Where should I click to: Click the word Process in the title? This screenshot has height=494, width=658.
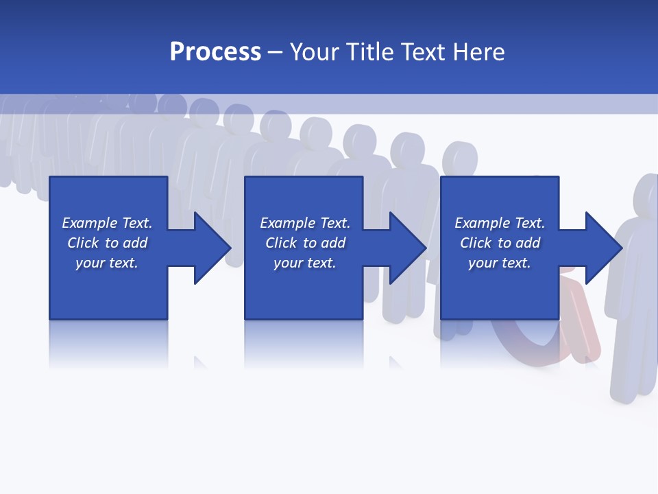(215, 52)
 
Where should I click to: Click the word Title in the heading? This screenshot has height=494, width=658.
(370, 52)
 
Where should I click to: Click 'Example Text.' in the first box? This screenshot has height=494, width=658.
(107, 223)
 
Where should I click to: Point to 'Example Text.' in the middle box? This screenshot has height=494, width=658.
(305, 223)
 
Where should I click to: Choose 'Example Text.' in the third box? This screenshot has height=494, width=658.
(500, 223)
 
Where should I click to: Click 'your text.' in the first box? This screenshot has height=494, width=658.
(107, 263)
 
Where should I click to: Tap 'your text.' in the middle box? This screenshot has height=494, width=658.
(305, 263)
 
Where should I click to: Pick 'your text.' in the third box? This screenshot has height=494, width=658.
(500, 263)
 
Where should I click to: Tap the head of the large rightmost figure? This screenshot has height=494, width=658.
(646, 196)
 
